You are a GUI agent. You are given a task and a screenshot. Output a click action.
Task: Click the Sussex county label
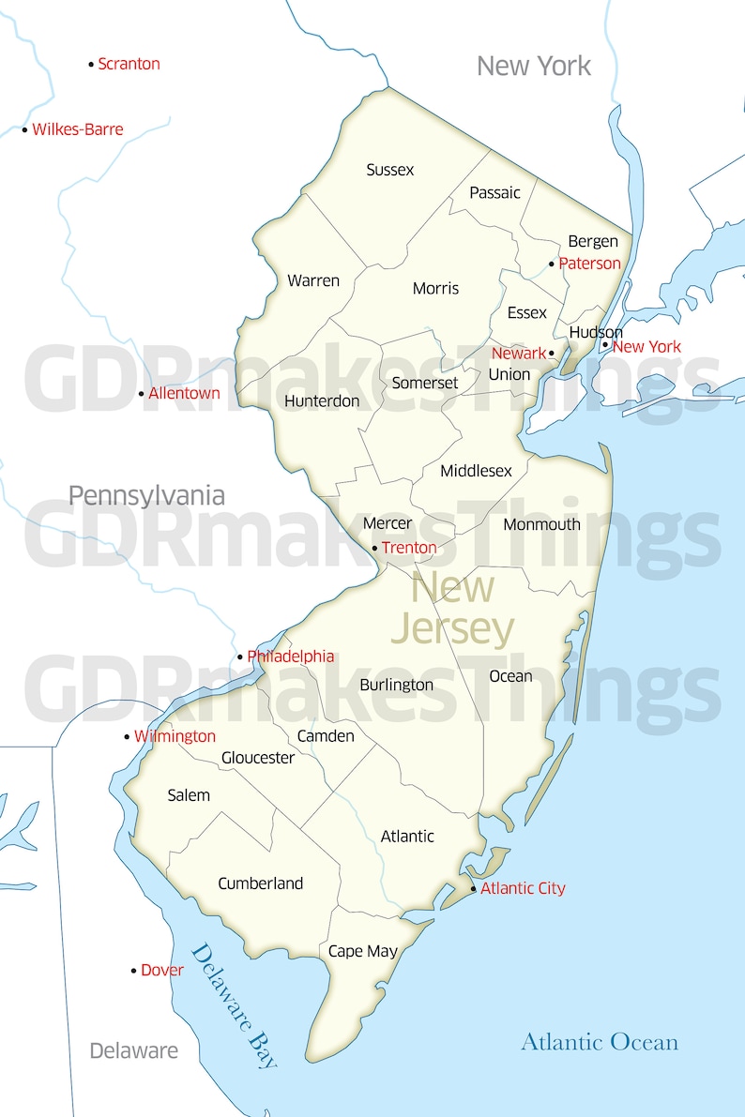coord(390,170)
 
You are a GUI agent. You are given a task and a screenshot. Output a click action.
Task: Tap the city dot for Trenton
coord(375,548)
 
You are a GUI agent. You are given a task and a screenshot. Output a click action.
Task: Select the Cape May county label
coord(363,951)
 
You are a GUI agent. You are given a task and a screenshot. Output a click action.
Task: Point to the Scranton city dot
coord(91,65)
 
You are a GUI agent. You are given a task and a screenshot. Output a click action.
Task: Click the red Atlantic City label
coord(523,888)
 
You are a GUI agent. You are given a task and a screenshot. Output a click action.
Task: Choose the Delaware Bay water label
coord(235,1006)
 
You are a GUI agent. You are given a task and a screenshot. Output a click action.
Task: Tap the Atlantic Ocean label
coord(600,1042)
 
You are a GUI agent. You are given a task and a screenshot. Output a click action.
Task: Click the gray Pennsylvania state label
coord(146,495)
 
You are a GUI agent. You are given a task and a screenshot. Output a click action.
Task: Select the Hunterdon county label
coord(322,400)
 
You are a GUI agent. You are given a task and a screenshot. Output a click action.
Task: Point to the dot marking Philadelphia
coord(240,657)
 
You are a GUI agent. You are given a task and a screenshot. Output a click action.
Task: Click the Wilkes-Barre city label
coord(78,129)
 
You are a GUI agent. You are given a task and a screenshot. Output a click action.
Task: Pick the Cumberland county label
coord(261,883)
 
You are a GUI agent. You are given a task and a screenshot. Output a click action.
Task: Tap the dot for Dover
coord(133,971)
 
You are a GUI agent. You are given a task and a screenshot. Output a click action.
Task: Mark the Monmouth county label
coord(541,524)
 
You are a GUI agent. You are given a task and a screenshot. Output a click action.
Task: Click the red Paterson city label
coord(589,264)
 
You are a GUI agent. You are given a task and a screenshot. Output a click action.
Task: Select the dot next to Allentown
coord(142,394)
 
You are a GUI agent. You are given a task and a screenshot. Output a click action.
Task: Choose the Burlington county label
coord(396,685)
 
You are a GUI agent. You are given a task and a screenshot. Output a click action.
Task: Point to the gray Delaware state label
coord(133,1050)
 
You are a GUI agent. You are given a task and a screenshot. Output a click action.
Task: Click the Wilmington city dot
coord(127,737)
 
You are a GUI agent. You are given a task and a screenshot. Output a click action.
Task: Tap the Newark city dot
coord(552,354)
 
